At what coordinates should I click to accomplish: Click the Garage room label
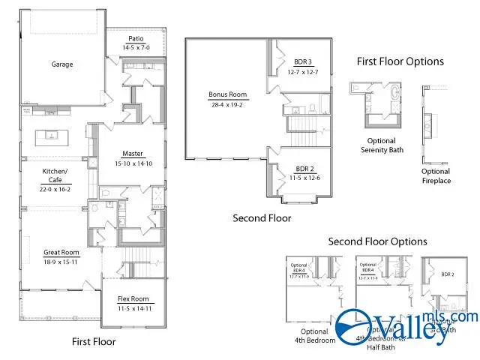(x=61, y=64)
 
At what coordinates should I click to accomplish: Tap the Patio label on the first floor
(x=136, y=39)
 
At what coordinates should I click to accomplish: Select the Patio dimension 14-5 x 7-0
(x=136, y=47)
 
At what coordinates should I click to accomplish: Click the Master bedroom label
(x=133, y=154)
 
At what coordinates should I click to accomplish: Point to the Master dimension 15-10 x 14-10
(x=133, y=163)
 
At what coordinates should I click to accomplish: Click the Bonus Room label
(x=227, y=95)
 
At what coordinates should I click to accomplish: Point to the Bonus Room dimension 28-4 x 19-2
(x=227, y=105)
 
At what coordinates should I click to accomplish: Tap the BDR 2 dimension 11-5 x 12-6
(x=304, y=178)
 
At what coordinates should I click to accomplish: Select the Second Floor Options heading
(x=377, y=241)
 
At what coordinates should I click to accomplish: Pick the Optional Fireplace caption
(x=436, y=175)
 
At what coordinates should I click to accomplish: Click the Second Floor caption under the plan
(x=262, y=218)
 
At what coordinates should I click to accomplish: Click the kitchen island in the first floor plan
(x=52, y=136)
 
